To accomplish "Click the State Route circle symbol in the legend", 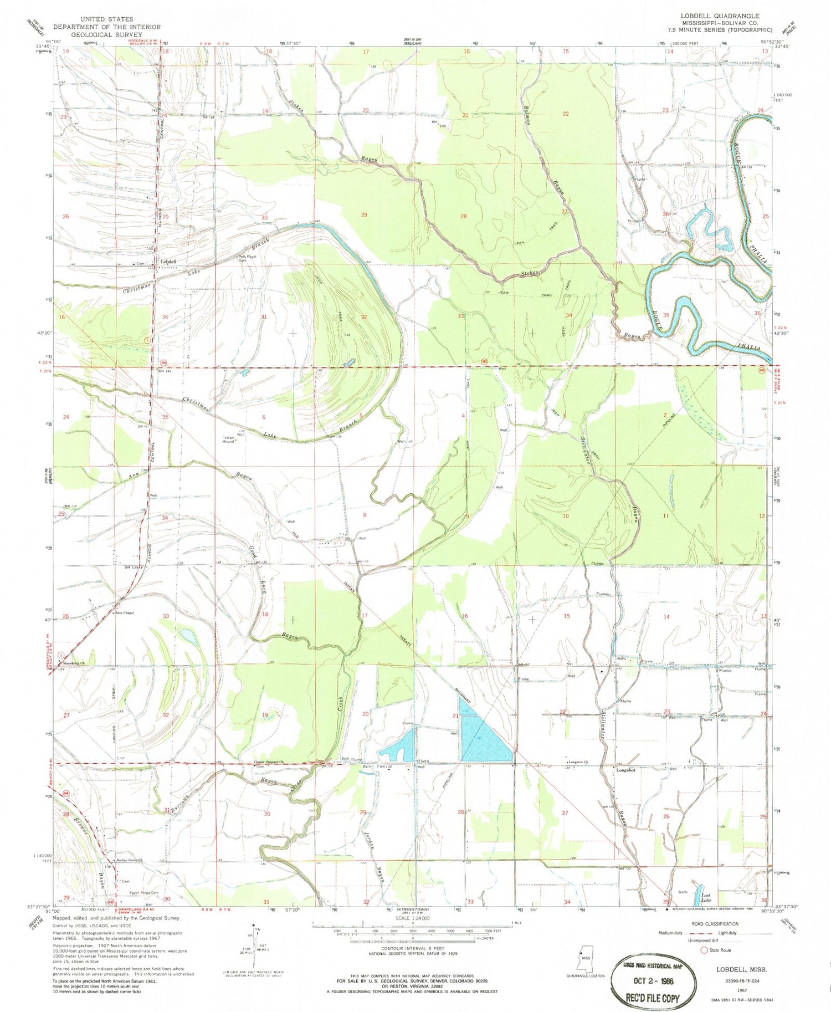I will tap(704, 950).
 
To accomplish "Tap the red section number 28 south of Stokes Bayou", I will tap(463, 216).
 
